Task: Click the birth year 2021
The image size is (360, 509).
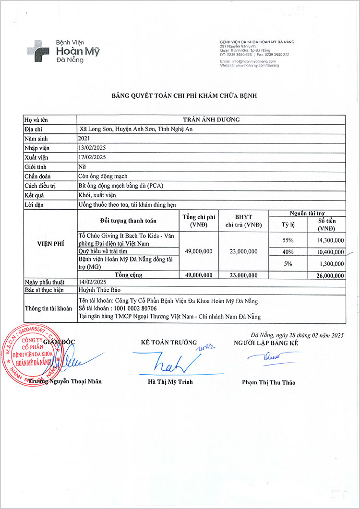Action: click(x=84, y=138)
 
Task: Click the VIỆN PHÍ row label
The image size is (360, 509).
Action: click(x=50, y=244)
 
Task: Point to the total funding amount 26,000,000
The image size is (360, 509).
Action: click(x=328, y=275)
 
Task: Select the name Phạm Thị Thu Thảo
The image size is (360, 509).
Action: click(x=269, y=382)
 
